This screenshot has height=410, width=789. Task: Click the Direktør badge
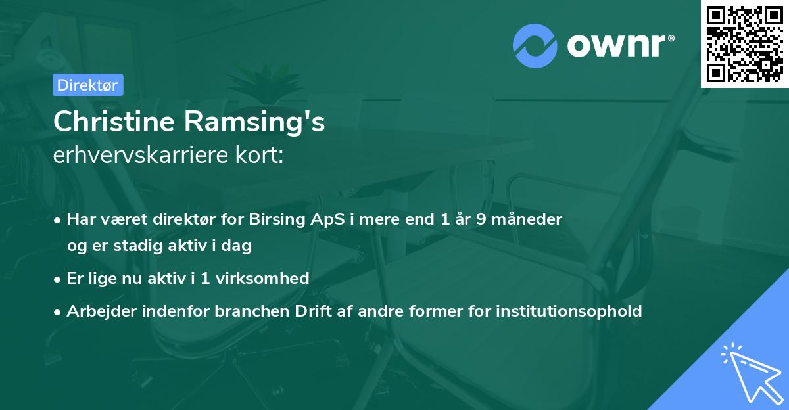88,85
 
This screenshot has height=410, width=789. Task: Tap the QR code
744,43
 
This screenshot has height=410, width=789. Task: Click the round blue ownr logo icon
535,46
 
